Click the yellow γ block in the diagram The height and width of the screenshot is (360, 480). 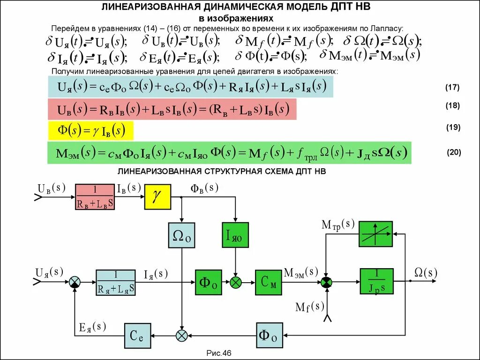tap(157, 197)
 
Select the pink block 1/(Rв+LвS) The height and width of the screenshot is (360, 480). tap(95, 197)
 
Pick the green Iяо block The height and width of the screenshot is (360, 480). tap(235, 235)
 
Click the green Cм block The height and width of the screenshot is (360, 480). tap(269, 282)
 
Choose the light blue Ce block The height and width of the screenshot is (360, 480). tap(137, 335)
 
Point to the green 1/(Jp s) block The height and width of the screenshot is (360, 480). tap(376, 281)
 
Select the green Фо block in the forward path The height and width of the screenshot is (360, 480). tap(209, 282)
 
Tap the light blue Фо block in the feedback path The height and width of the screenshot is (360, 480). tap(270, 335)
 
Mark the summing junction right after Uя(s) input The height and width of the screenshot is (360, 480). tap(75, 282)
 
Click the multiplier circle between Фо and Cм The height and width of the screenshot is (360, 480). tap(235, 282)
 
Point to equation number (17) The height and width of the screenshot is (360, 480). tap(452, 88)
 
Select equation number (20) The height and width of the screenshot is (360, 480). tap(453, 152)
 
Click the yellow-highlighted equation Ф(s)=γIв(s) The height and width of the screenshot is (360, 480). tap(91, 131)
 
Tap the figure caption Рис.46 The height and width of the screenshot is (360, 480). tap(219, 353)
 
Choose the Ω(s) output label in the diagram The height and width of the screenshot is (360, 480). tap(426, 272)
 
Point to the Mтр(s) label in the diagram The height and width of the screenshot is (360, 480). tap(338, 224)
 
